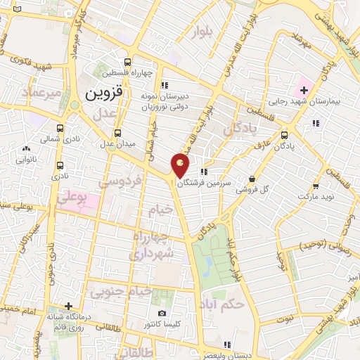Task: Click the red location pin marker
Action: click(181, 165)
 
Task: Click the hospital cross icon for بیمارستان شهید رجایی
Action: click(304, 90)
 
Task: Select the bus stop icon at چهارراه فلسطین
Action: click(127, 62)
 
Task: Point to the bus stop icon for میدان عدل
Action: click(117, 131)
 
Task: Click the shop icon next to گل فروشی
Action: click(252, 179)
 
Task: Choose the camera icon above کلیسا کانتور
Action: click(162, 313)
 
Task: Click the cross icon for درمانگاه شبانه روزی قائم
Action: click(67, 306)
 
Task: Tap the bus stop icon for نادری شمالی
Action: click(60, 129)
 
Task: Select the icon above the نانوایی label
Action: click(26, 149)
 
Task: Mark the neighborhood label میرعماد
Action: click(27, 93)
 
